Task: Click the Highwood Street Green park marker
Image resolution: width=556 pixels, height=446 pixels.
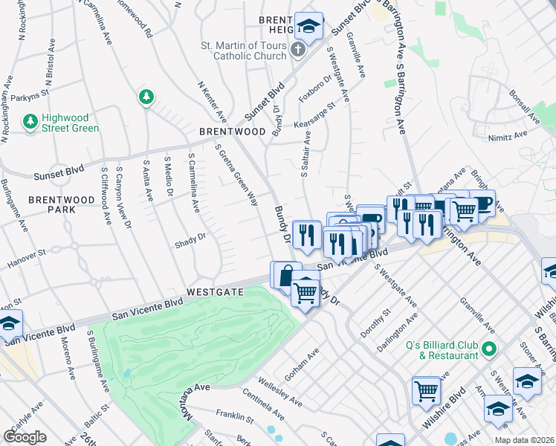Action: tap(30, 120)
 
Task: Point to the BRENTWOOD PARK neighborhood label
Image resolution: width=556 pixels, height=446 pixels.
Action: tap(52, 205)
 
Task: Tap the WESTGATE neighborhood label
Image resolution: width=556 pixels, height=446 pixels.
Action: tap(215, 292)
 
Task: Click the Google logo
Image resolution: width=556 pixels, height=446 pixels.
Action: tap(25, 437)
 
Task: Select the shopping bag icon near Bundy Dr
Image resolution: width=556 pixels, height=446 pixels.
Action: tap(285, 276)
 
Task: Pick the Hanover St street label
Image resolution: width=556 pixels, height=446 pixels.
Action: tap(26, 259)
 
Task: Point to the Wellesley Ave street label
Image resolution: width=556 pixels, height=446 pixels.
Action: tap(279, 392)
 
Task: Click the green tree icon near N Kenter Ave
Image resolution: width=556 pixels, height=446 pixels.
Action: tap(146, 97)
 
